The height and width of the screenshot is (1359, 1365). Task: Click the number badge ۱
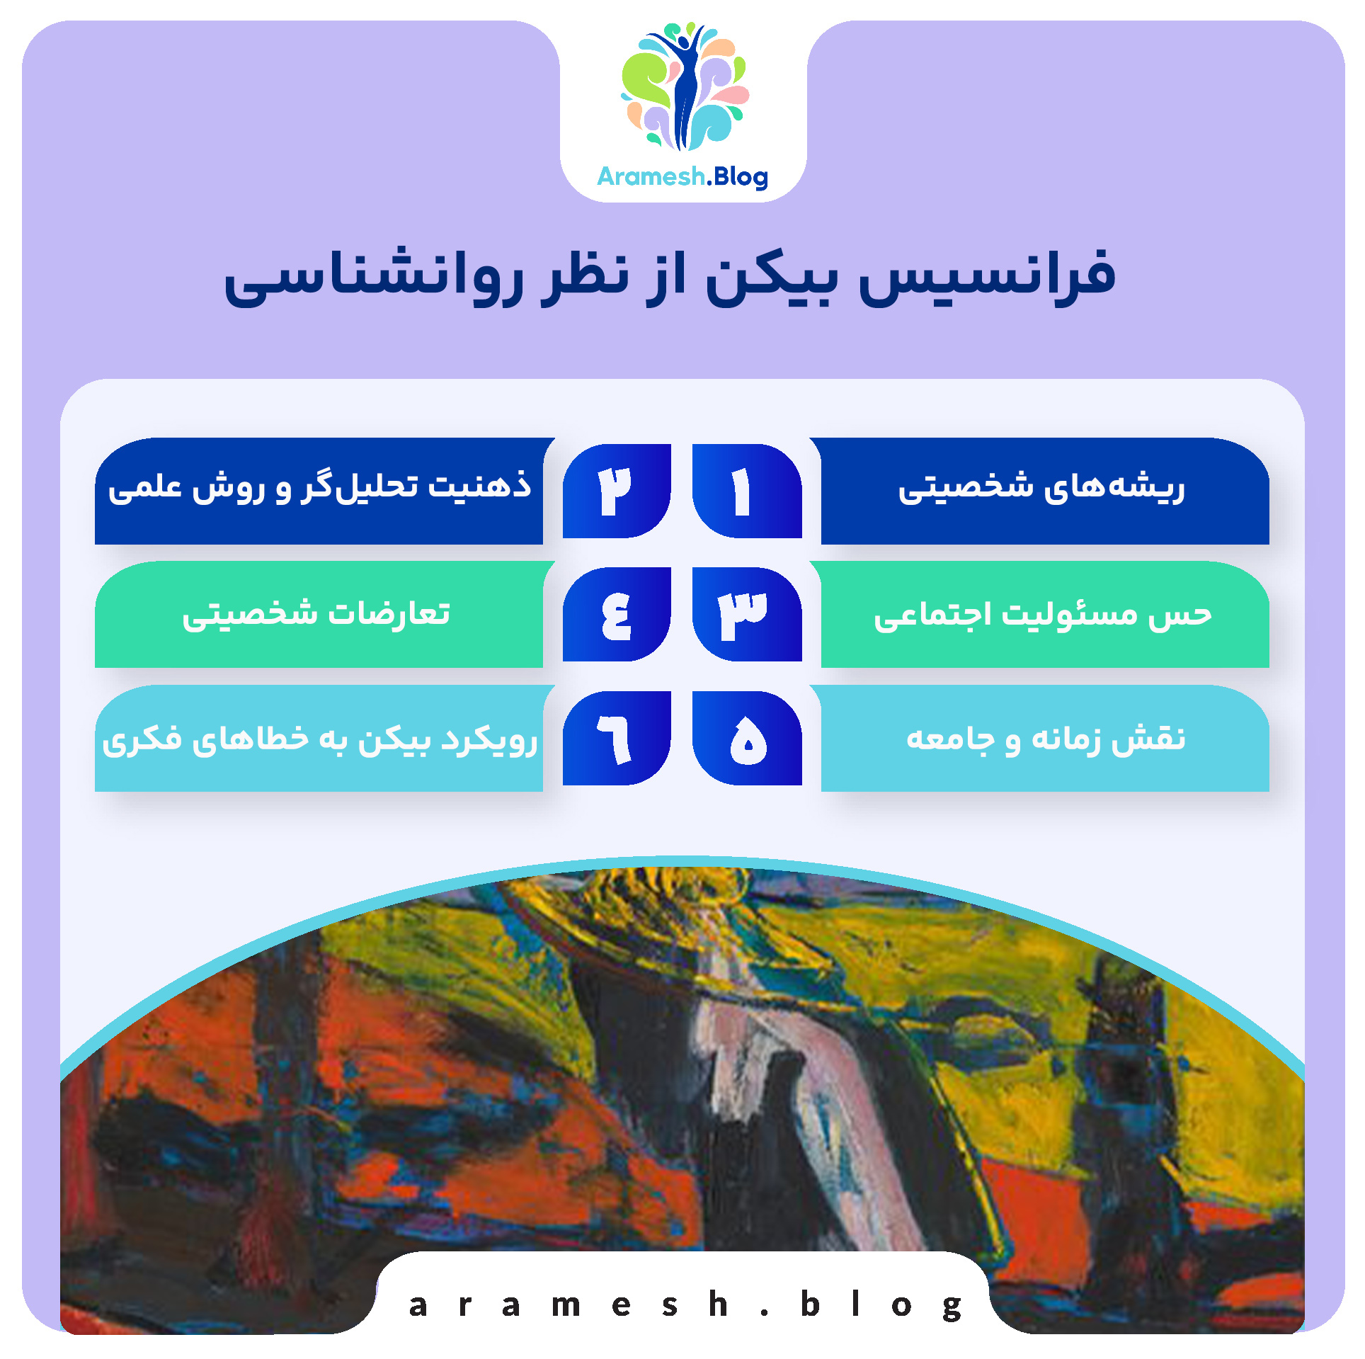(x=746, y=491)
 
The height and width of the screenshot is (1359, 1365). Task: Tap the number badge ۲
(x=617, y=491)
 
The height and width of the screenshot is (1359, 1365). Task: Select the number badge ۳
(x=746, y=614)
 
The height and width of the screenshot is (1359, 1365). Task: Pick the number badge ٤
(x=617, y=614)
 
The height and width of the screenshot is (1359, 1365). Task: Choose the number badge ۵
(x=746, y=738)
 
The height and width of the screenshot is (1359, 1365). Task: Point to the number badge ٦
(x=617, y=738)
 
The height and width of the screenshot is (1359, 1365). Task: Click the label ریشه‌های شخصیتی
(x=1041, y=489)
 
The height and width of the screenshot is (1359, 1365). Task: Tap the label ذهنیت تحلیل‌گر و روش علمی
(x=319, y=487)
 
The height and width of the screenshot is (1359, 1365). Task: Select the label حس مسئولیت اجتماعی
(x=1042, y=614)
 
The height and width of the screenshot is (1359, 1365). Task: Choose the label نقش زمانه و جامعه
(x=1046, y=738)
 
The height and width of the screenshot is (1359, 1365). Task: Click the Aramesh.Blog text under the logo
(x=682, y=176)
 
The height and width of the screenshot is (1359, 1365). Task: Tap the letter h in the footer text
(x=718, y=1304)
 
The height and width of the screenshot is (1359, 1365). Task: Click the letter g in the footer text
(x=952, y=1307)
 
